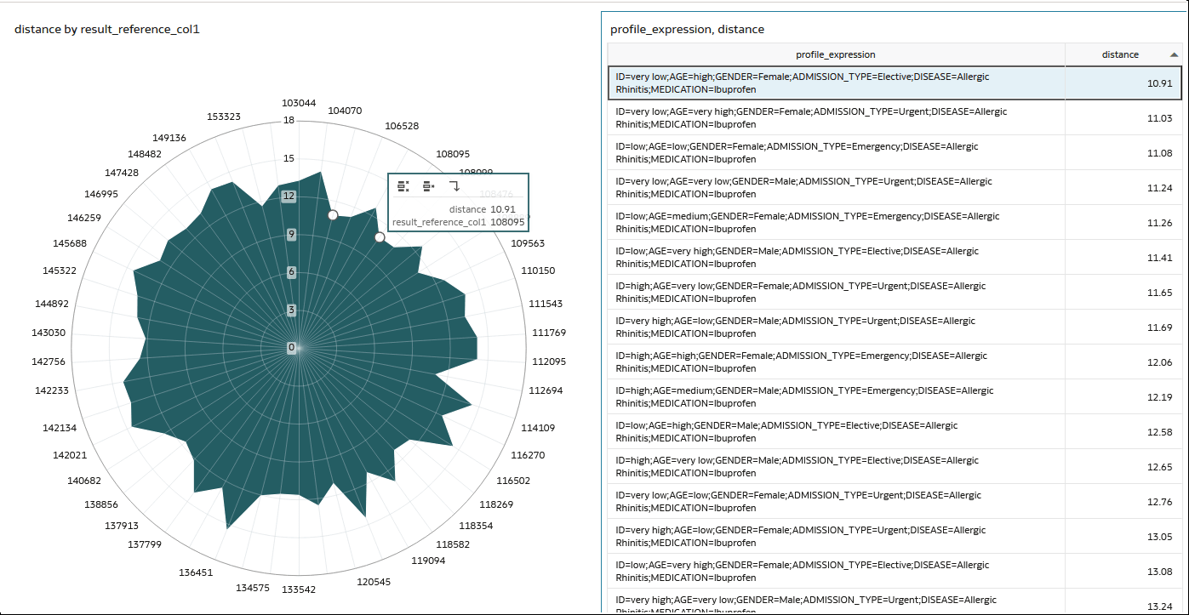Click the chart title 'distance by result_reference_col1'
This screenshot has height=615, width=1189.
[107, 30]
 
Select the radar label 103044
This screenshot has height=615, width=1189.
[299, 104]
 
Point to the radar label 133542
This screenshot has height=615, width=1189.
[299, 589]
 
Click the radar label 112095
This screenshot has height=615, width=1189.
[548, 362]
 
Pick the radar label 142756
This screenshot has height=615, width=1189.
[49, 362]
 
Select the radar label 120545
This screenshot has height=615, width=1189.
[374, 582]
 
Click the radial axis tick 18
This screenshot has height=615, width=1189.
[289, 120]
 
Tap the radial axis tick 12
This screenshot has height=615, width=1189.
[289, 196]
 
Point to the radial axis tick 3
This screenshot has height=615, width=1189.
[291, 310]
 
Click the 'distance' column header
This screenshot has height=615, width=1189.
[1120, 54]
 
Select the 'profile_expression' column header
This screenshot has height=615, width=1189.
[835, 54]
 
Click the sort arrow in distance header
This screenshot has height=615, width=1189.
[1174, 54]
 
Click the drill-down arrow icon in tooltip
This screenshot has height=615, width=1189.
[454, 186]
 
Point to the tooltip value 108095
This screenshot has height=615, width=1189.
[508, 223]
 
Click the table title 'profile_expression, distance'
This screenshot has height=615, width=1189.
[687, 30]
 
